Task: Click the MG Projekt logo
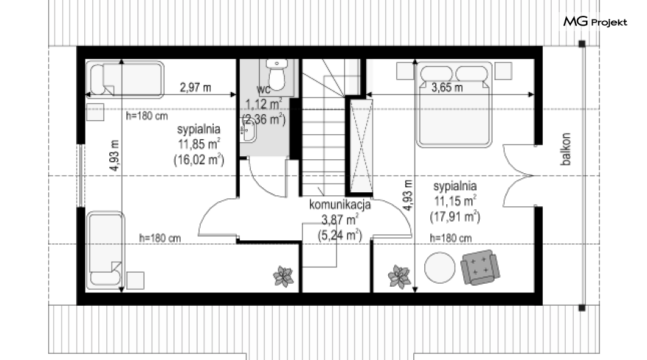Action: tap(595, 21)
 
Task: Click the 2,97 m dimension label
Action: tap(195, 87)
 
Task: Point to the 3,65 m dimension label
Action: tap(447, 87)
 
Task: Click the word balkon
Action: tap(566, 149)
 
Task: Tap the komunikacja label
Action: tap(340, 204)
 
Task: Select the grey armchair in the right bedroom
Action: tap(480, 267)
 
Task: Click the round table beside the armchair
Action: tap(440, 268)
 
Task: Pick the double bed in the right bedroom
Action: tap(454, 105)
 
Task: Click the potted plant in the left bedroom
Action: tap(283, 276)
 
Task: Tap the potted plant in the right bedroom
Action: tap(399, 276)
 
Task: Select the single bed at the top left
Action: tap(125, 79)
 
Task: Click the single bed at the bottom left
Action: tap(105, 250)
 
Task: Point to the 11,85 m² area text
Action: tap(199, 145)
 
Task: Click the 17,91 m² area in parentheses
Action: tap(455, 217)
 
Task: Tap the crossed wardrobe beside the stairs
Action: tap(361, 146)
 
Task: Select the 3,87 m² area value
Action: tap(340, 220)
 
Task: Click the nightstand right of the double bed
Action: tap(504, 71)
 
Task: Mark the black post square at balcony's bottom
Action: tap(582, 308)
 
